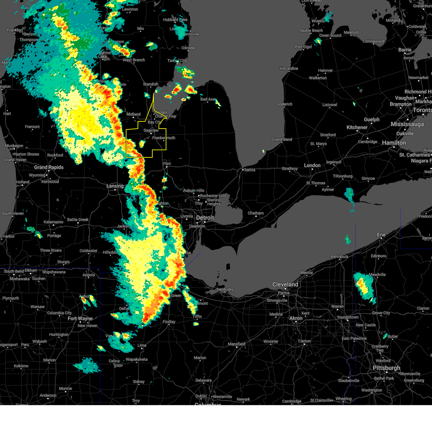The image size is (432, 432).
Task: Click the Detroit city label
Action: (x=205, y=218)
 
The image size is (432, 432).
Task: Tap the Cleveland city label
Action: (x=285, y=284)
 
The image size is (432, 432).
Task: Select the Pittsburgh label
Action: (x=386, y=368)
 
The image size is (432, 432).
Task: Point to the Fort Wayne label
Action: (x=80, y=319)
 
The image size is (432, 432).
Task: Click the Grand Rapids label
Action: (x=49, y=167)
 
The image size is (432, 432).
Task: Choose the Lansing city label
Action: (x=115, y=186)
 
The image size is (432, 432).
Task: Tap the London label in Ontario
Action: (x=312, y=165)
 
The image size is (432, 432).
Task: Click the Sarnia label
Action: (x=249, y=170)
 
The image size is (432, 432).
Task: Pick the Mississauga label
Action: (x=407, y=124)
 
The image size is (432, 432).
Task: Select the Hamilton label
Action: (x=394, y=143)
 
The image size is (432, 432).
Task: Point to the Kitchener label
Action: (x=357, y=127)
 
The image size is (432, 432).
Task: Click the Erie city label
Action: (x=381, y=235)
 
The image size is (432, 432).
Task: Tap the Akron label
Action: (x=296, y=318)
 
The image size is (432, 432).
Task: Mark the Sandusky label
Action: (x=225, y=289)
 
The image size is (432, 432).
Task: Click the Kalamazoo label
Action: (x=53, y=222)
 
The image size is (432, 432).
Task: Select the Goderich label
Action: (x=284, y=104)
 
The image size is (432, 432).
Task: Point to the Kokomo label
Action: (x=21, y=366)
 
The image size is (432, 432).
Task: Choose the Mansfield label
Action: (x=237, y=344)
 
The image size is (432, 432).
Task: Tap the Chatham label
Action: (x=256, y=213)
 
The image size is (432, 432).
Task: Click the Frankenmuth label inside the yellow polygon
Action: (x=164, y=138)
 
